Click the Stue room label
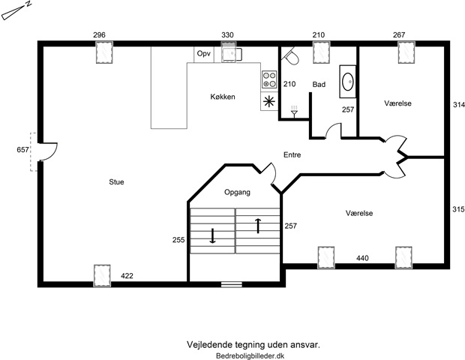pos(116,181)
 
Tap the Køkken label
pos(223,97)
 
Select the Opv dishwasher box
pos(204,54)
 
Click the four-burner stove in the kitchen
pos(269,79)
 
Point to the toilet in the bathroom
pos(290,56)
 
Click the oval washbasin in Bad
pos(347,82)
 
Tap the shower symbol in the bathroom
pos(294,111)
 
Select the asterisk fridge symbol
pos(268,102)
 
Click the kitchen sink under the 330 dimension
pos(232,54)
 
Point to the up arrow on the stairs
pos(258,226)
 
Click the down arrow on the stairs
pos(212,235)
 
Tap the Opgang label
pos(237,193)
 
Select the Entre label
pos(292,154)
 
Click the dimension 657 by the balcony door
pos(22,150)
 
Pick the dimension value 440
pos(362,258)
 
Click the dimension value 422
pos(127,276)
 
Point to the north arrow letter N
pos(28,4)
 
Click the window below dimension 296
pos(104,52)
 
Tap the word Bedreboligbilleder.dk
pos(250,355)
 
